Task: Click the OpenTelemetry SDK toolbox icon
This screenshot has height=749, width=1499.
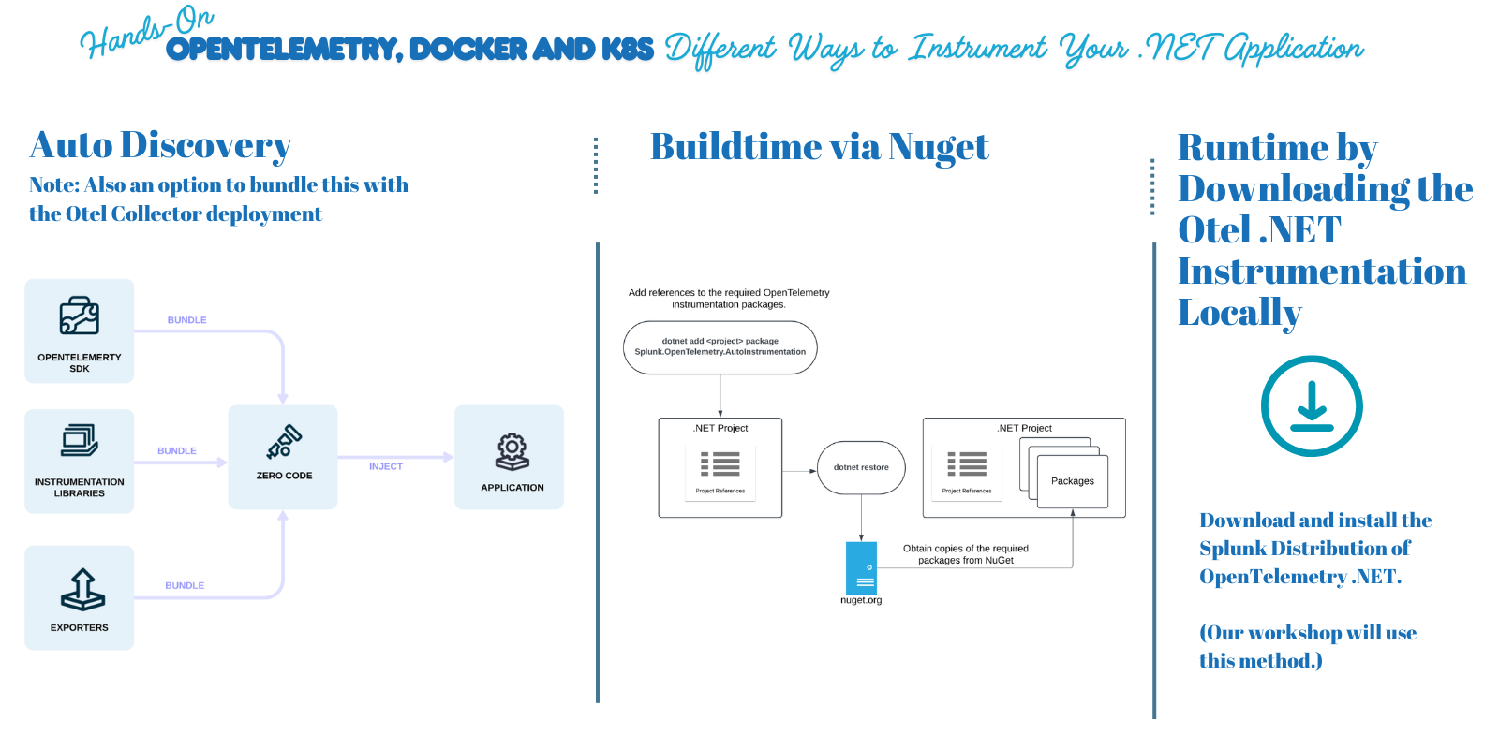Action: (x=80, y=316)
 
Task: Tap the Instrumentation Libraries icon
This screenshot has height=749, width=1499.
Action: (x=80, y=440)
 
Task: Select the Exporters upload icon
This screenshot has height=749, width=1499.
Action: (x=82, y=589)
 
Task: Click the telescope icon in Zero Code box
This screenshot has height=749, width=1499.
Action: (x=284, y=442)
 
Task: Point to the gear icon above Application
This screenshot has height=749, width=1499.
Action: (x=512, y=451)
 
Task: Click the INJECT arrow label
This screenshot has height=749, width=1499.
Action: (x=385, y=466)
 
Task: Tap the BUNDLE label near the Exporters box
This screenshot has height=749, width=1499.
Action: (x=185, y=585)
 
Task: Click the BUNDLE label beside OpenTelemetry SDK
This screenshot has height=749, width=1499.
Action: (x=186, y=320)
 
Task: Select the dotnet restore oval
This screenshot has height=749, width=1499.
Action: (x=861, y=467)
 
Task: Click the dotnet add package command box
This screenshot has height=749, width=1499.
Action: (x=720, y=347)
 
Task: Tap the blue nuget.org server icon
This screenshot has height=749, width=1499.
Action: (x=861, y=567)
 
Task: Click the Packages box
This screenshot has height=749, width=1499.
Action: (x=1073, y=481)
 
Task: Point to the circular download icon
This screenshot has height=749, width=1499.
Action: (x=1311, y=405)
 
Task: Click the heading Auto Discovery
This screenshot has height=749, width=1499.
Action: (x=160, y=145)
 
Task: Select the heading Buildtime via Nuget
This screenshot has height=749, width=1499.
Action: (x=819, y=147)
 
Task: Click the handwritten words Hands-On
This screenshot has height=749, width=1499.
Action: (x=145, y=33)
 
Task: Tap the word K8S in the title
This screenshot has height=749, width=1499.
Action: (x=627, y=49)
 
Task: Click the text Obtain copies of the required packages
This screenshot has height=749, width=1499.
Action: (x=965, y=554)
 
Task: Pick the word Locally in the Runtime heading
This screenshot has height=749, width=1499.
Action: (x=1239, y=313)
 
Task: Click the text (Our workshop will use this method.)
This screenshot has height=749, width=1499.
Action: (x=1307, y=646)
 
